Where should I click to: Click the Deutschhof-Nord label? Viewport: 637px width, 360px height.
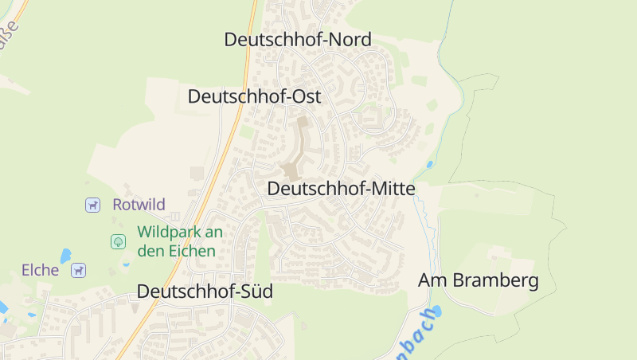[298, 39]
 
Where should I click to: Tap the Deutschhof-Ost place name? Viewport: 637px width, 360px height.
[254, 96]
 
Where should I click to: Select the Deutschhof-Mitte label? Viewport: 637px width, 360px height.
[341, 189]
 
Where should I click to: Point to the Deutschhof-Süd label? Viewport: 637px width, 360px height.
[205, 292]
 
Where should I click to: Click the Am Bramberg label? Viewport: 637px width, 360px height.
[479, 280]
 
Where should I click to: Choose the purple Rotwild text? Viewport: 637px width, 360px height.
[139, 205]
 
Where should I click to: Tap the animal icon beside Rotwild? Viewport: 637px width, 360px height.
[93, 205]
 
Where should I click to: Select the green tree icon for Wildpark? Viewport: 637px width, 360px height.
[118, 241]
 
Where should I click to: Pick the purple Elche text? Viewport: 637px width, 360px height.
[41, 270]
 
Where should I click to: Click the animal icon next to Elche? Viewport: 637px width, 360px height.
[78, 271]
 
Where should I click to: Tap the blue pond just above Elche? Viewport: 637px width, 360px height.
[65, 256]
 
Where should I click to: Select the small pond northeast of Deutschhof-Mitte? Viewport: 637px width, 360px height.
[430, 165]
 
